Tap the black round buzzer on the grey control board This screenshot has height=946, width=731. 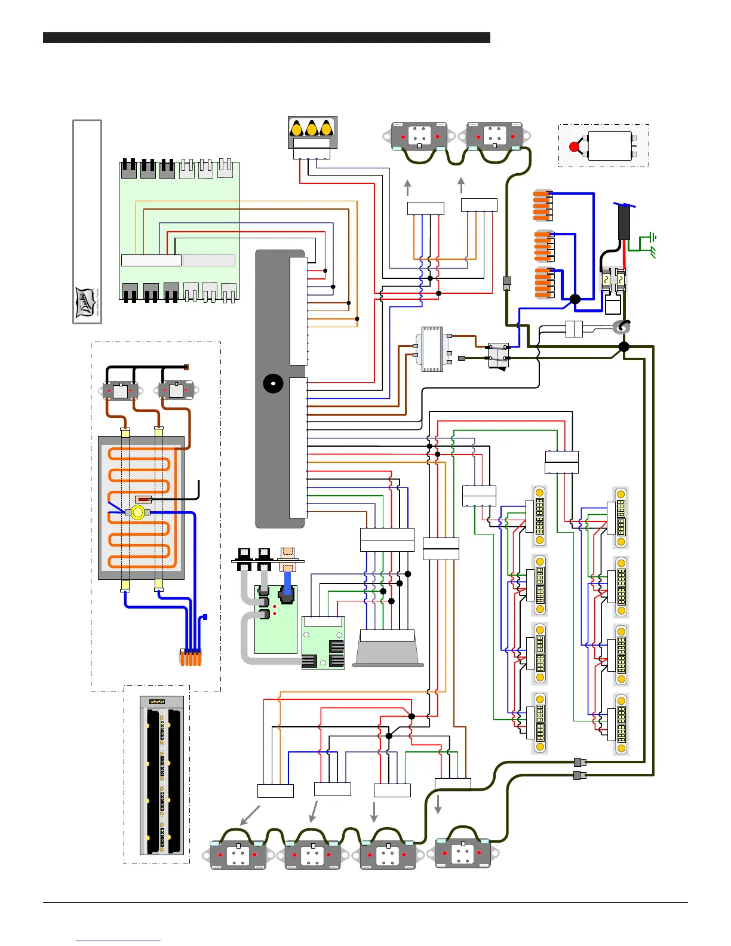tap(274, 383)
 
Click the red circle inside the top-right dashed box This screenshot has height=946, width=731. tap(575, 146)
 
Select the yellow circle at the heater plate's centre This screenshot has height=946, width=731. tap(138, 512)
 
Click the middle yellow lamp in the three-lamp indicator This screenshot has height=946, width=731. tap(312, 128)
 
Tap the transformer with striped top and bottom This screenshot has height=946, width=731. tap(432, 349)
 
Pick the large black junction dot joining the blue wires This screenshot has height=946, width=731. tap(575, 299)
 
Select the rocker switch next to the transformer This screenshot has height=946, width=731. tap(498, 356)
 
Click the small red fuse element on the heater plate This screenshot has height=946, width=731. tap(143, 499)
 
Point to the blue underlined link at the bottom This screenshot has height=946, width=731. tap(118, 941)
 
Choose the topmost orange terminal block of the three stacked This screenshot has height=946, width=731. tap(542, 205)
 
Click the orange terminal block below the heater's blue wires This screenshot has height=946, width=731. tap(191, 658)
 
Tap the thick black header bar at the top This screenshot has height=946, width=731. tap(266, 38)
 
